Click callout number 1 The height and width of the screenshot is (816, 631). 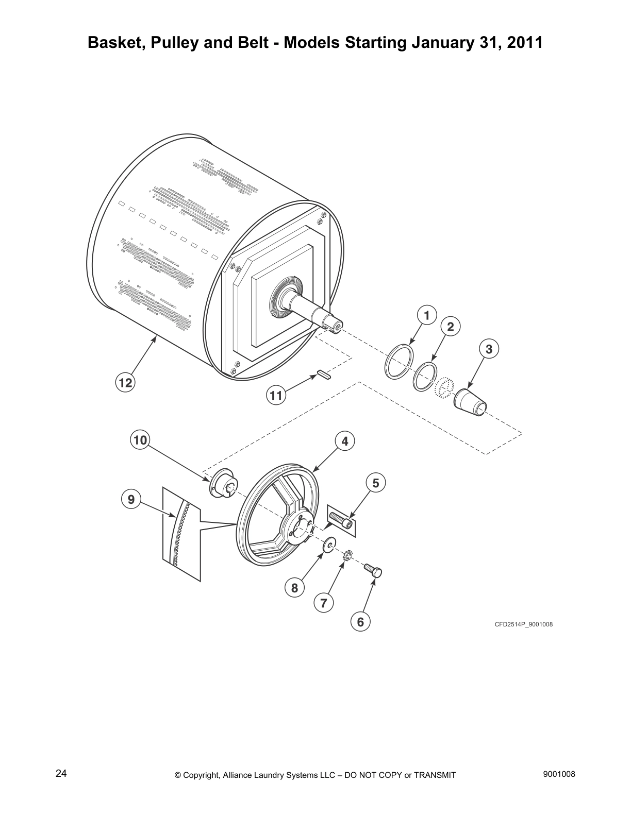(x=426, y=315)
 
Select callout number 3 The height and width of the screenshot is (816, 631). (x=489, y=349)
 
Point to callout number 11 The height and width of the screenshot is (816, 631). (x=276, y=396)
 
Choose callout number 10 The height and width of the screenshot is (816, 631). (x=140, y=440)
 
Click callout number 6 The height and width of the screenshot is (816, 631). (x=360, y=622)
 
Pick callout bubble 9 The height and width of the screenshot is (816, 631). (x=131, y=499)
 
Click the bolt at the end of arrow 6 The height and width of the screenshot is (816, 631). (x=373, y=570)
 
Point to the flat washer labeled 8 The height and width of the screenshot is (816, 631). (x=328, y=545)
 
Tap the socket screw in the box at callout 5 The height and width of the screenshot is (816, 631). (x=341, y=519)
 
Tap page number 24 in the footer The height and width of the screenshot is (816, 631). (x=61, y=773)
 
